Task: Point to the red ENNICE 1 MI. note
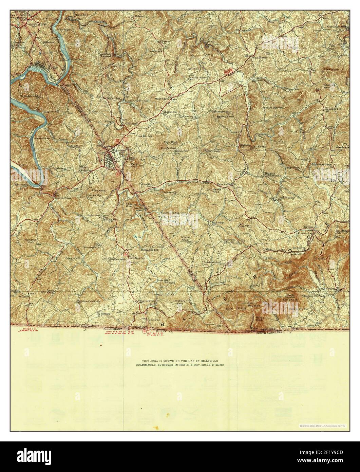tap(25, 329)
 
